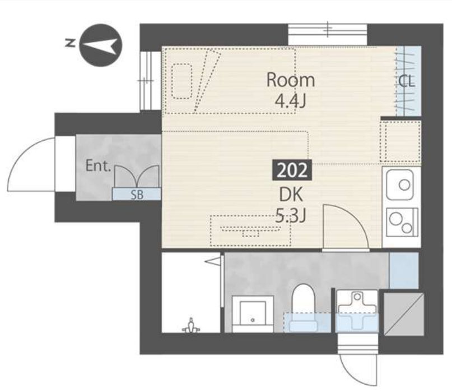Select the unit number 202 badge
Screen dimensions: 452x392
point(292,170)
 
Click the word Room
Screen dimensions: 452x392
point(290,80)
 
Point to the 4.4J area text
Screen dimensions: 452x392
point(290,101)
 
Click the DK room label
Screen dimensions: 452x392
point(291,195)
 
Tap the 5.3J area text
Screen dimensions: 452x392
point(290,215)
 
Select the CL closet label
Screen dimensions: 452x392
point(407,81)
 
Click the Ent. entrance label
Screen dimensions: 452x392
point(99,165)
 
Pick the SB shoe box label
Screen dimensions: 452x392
point(137,195)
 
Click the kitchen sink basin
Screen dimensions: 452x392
point(400,185)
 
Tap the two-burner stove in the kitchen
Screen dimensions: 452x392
point(402,222)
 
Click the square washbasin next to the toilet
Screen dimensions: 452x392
point(253,313)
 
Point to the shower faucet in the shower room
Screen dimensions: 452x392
point(190,326)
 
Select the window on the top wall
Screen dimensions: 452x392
point(328,35)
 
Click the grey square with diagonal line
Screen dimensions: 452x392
point(404,314)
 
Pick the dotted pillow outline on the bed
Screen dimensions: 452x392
point(181,81)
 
